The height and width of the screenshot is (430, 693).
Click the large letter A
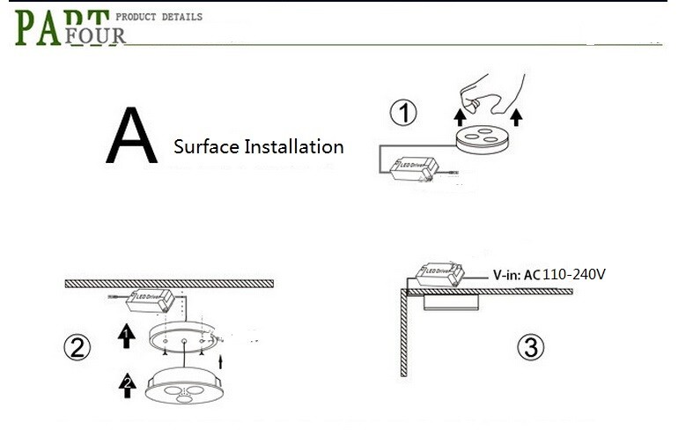tap(132, 135)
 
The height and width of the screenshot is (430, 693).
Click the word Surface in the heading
tap(207, 146)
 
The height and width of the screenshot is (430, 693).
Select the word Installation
tap(294, 146)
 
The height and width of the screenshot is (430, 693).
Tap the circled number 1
tap(403, 113)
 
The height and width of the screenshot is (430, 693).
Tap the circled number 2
tap(77, 347)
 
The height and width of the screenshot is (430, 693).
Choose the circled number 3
tap(530, 347)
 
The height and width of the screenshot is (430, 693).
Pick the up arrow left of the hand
tap(460, 117)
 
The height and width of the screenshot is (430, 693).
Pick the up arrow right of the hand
tap(516, 117)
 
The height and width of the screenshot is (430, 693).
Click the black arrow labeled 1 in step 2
tap(127, 336)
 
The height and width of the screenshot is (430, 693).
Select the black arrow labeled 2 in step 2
tap(128, 385)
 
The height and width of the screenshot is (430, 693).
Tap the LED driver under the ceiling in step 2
tap(151, 300)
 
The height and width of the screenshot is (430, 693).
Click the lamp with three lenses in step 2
tap(184, 385)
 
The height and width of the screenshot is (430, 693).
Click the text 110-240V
tap(573, 274)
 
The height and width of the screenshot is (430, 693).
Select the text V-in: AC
tap(517, 275)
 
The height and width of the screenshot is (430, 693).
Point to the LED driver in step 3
tap(440, 274)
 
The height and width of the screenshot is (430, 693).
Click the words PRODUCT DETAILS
tap(159, 17)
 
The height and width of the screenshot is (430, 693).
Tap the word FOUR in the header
tap(95, 36)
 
